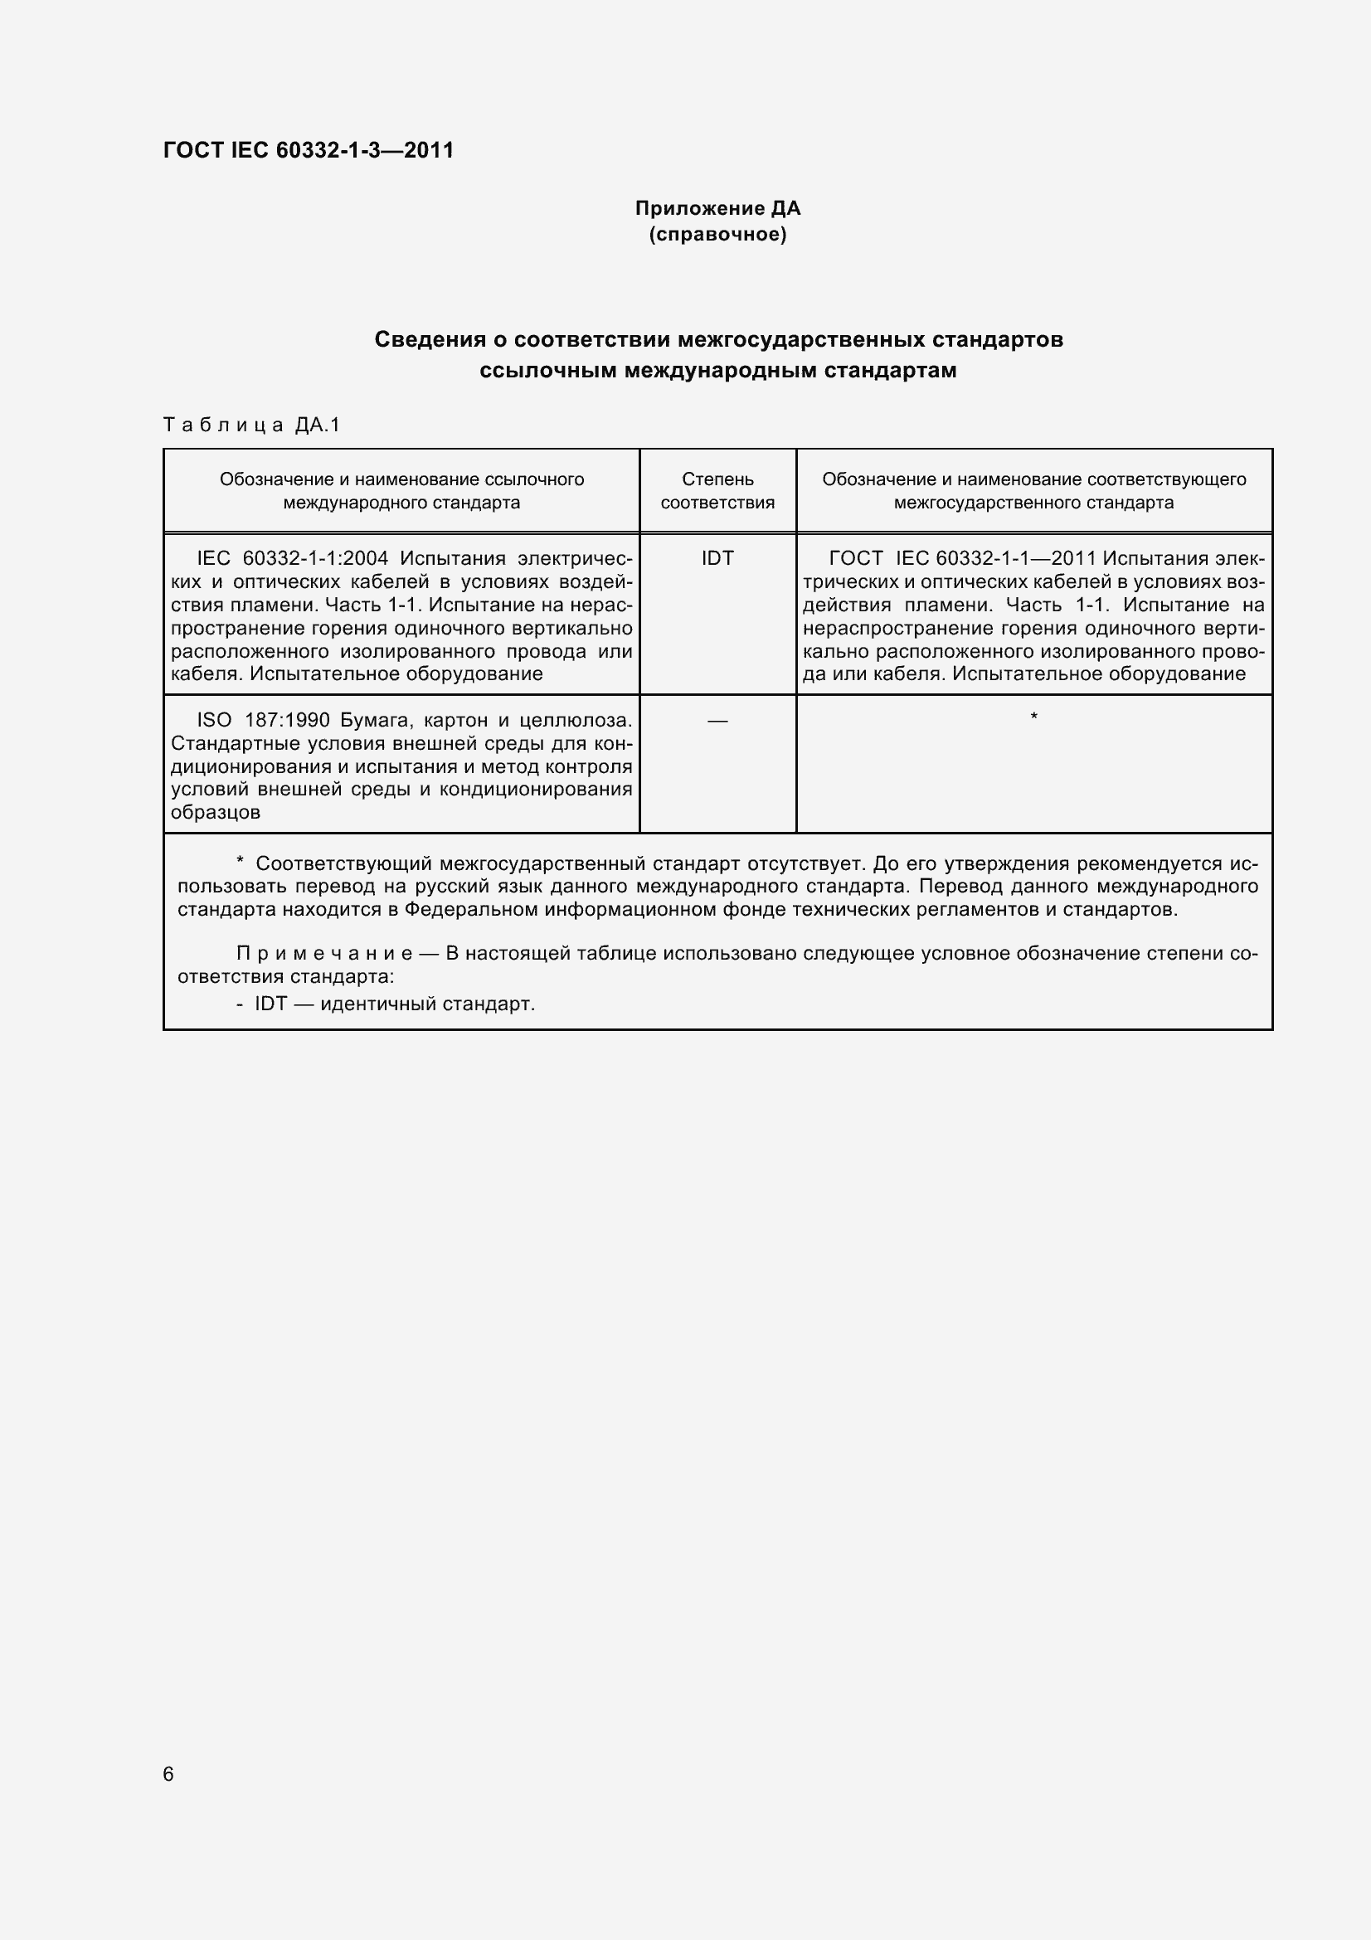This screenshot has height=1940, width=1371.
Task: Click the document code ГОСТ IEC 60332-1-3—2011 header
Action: click(x=309, y=150)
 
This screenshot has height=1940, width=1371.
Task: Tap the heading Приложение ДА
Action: click(x=717, y=208)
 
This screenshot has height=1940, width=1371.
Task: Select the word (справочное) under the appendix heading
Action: click(x=717, y=234)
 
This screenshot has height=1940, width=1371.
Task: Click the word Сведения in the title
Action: click(x=430, y=340)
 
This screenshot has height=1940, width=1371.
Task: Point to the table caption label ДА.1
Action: click(x=318, y=425)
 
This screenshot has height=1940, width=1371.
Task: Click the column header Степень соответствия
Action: click(x=717, y=491)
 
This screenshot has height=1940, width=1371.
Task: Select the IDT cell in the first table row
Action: click(x=717, y=558)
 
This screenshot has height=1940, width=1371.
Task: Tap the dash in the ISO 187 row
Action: click(x=717, y=721)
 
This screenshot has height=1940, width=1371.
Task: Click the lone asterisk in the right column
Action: click(x=1034, y=718)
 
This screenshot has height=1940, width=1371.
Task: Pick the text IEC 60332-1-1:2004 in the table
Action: click(x=292, y=558)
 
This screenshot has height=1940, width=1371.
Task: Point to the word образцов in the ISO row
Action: click(x=216, y=813)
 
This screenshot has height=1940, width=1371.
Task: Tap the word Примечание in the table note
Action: click(x=324, y=954)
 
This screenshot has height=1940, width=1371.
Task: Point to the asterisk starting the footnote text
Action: click(x=240, y=862)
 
